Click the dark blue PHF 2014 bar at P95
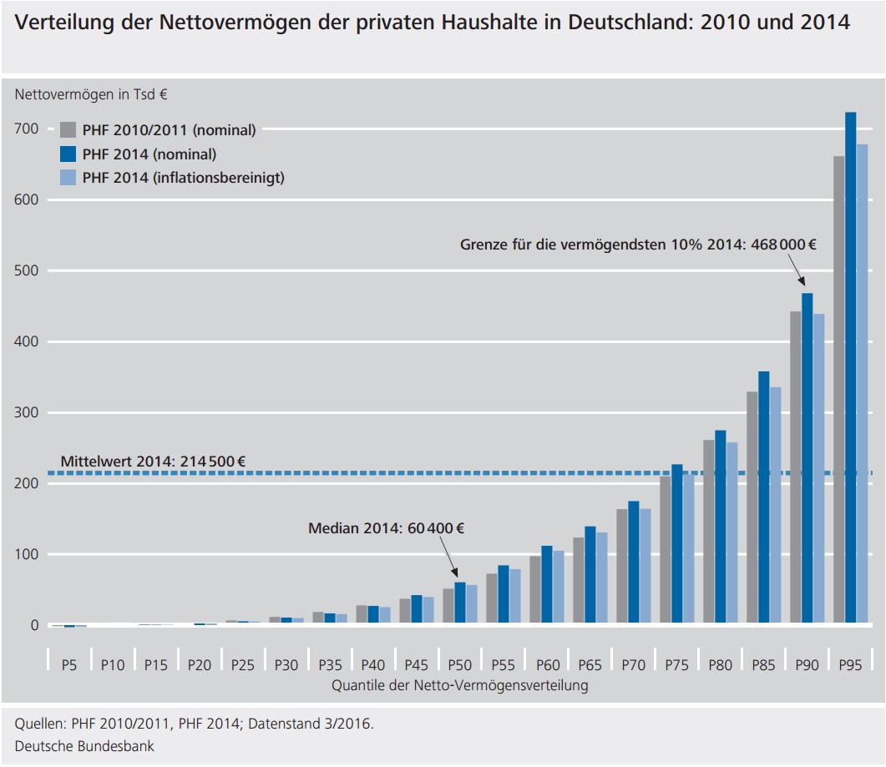coord(851,368)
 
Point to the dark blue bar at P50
coord(459,603)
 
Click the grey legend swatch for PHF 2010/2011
coord(68,129)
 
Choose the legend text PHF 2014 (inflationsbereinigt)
coord(183,178)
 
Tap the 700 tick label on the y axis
coord(26,129)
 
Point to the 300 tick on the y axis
coord(26,412)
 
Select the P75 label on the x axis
coord(676,665)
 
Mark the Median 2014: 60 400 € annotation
coord(386,528)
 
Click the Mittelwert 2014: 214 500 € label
coord(153,461)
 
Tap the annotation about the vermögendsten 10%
coord(638,245)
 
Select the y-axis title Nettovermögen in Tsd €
coord(90,94)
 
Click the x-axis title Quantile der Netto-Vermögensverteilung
coord(459,686)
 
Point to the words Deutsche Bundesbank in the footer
coord(84,746)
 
